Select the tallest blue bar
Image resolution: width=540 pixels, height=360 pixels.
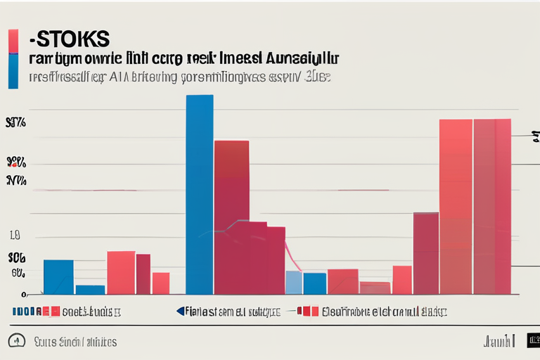[x=200, y=194]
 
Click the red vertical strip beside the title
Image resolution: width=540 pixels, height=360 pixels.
[x=13, y=41]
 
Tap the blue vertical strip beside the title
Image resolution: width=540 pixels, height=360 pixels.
[x=13, y=72]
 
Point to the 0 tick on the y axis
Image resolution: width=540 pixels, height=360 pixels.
[x=23, y=295]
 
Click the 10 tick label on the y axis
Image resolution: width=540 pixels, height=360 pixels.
[x=16, y=236]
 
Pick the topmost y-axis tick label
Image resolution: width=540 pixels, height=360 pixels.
[x=15, y=123]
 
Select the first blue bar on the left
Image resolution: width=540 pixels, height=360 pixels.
[x=58, y=276]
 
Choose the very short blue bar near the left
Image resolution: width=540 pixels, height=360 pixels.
[x=90, y=289]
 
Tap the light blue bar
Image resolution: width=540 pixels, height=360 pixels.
[x=294, y=282]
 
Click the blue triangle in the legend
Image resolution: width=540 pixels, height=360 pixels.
[x=180, y=310]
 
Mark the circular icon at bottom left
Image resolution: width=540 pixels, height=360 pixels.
[x=16, y=341]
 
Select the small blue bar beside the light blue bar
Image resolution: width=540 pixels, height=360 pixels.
[x=314, y=283]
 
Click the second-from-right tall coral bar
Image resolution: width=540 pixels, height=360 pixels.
[x=456, y=207]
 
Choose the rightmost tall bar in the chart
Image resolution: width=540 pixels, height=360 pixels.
[x=492, y=207]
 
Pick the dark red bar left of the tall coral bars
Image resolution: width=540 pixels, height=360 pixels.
[x=426, y=253]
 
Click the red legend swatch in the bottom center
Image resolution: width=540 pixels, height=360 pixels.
[x=307, y=311]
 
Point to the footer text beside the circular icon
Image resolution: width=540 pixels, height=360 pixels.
[x=75, y=342]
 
